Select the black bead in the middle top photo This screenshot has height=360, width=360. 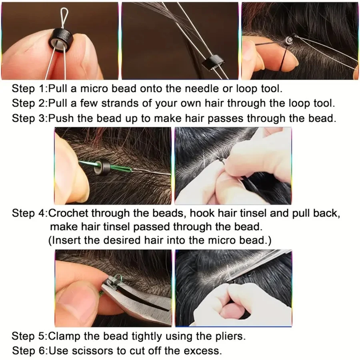211,63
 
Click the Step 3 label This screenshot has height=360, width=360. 29,119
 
